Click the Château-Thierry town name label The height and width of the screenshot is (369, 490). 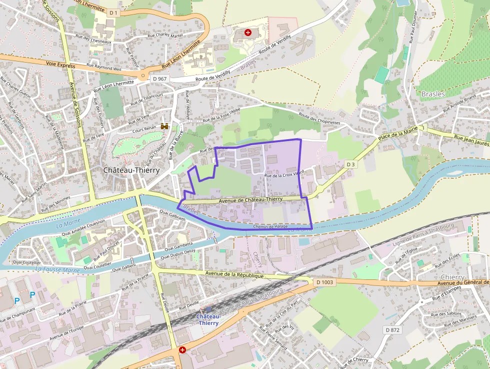(131, 170)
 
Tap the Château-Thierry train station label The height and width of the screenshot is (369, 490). (208, 319)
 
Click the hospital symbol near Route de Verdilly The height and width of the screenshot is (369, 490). (248, 33)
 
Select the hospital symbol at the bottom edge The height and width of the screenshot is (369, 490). (182, 350)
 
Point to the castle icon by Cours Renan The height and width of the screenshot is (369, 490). (164, 127)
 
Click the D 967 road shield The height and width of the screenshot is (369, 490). (159, 79)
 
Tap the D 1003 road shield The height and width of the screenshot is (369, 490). (324, 282)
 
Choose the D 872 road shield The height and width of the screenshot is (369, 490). (393, 330)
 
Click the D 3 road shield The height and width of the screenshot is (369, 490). (350, 164)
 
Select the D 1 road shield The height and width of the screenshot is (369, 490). (113, 13)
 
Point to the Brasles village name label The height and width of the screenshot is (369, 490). (432, 94)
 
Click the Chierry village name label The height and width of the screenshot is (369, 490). (452, 277)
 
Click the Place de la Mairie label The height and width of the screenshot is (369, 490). (397, 134)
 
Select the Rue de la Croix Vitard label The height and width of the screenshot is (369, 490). (284, 176)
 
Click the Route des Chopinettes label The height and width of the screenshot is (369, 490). (319, 119)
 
